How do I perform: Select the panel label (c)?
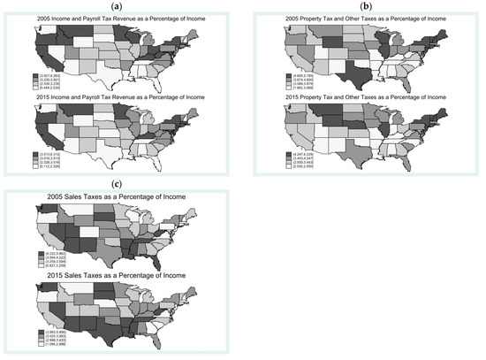[117, 185]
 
